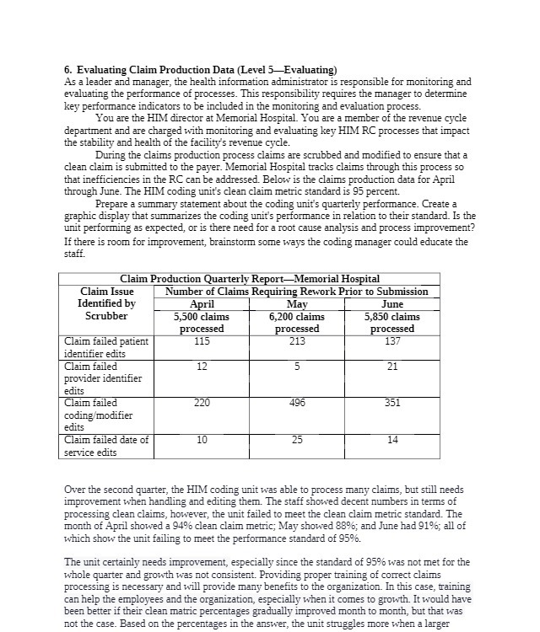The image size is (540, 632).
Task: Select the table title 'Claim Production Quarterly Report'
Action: (250, 279)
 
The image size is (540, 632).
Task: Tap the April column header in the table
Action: (202, 304)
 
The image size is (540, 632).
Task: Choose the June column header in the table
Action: (392, 304)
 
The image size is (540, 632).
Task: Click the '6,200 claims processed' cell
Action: (297, 323)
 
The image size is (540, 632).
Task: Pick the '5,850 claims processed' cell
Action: (392, 323)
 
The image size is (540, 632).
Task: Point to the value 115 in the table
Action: (202, 341)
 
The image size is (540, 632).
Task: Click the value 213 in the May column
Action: (297, 341)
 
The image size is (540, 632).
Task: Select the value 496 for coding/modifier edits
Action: (297, 404)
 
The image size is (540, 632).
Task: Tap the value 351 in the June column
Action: (392, 404)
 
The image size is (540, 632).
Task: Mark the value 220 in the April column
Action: (202, 404)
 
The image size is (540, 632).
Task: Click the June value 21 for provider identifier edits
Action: (392, 367)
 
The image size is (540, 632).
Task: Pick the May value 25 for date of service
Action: (297, 440)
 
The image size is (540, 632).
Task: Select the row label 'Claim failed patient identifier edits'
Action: (106, 347)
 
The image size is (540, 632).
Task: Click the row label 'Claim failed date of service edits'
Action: (106, 446)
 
